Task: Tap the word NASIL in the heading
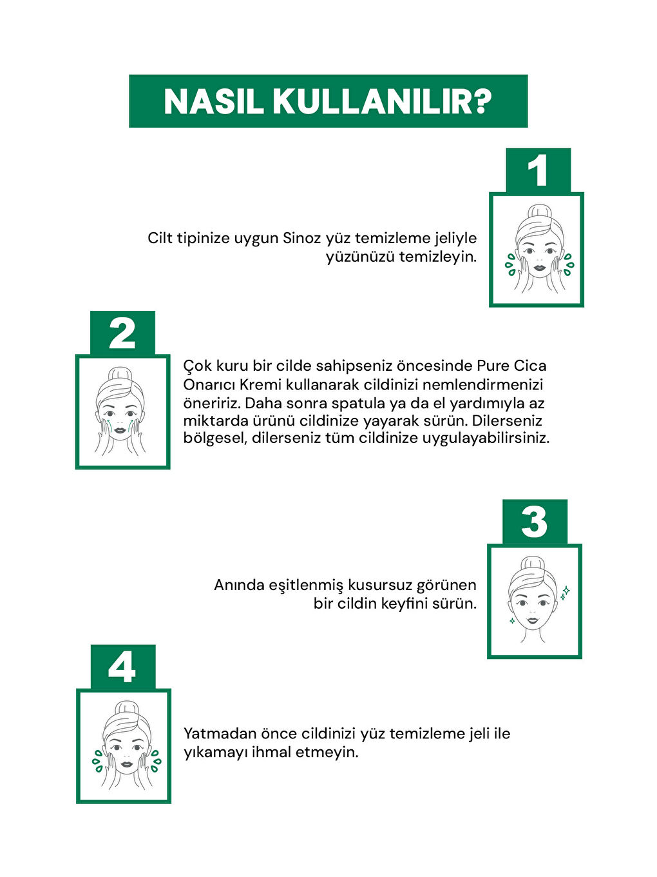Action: pyautogui.click(x=213, y=102)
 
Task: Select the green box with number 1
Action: pyautogui.click(x=538, y=171)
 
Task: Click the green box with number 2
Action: pyautogui.click(x=122, y=333)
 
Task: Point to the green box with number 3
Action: pyautogui.click(x=534, y=522)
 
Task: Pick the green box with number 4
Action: pyautogui.click(x=122, y=667)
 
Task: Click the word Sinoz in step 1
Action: pyautogui.click(x=301, y=238)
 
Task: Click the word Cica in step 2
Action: pyautogui.click(x=530, y=366)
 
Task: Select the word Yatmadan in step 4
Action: pyautogui.click(x=220, y=734)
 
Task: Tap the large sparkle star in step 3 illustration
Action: pyautogui.click(x=566, y=590)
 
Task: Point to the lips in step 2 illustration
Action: pyautogui.click(x=121, y=429)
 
